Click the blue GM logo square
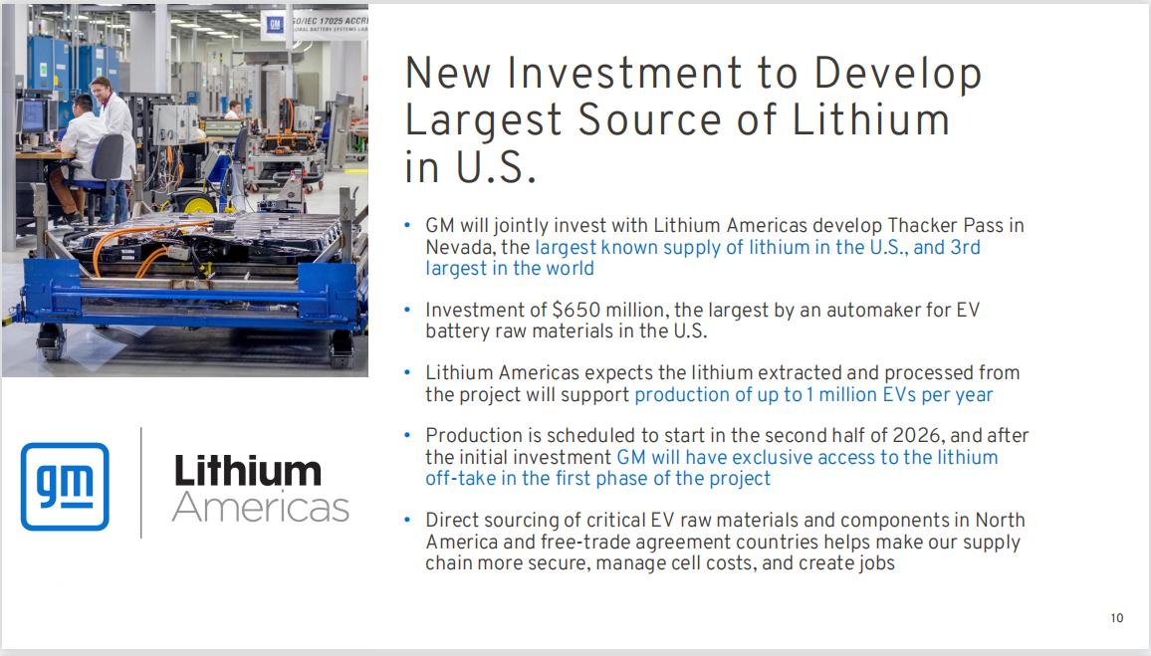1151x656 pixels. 65,487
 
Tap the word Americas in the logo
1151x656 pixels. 261,507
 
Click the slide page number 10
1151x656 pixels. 1116,618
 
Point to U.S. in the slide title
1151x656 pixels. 496,166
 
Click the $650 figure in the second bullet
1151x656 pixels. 576,310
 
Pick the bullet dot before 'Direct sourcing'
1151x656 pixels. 407,521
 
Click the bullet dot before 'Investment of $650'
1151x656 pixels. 407,311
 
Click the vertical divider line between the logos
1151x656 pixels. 141,483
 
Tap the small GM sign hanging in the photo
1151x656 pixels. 275,26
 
